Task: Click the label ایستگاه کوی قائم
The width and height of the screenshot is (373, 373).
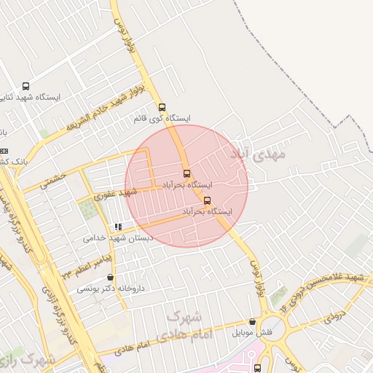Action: point(162,117)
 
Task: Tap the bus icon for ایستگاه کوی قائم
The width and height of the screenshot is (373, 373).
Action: point(162,105)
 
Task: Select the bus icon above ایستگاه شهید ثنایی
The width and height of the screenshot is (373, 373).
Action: point(26,85)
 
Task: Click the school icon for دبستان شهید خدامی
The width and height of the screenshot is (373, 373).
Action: point(118,227)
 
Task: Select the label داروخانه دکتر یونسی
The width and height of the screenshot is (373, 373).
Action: point(111,288)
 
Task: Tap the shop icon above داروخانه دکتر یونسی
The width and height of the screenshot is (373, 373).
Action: point(110,277)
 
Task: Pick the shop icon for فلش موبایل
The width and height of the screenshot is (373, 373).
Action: point(252,321)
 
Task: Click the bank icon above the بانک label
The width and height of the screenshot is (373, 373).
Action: point(4,150)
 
